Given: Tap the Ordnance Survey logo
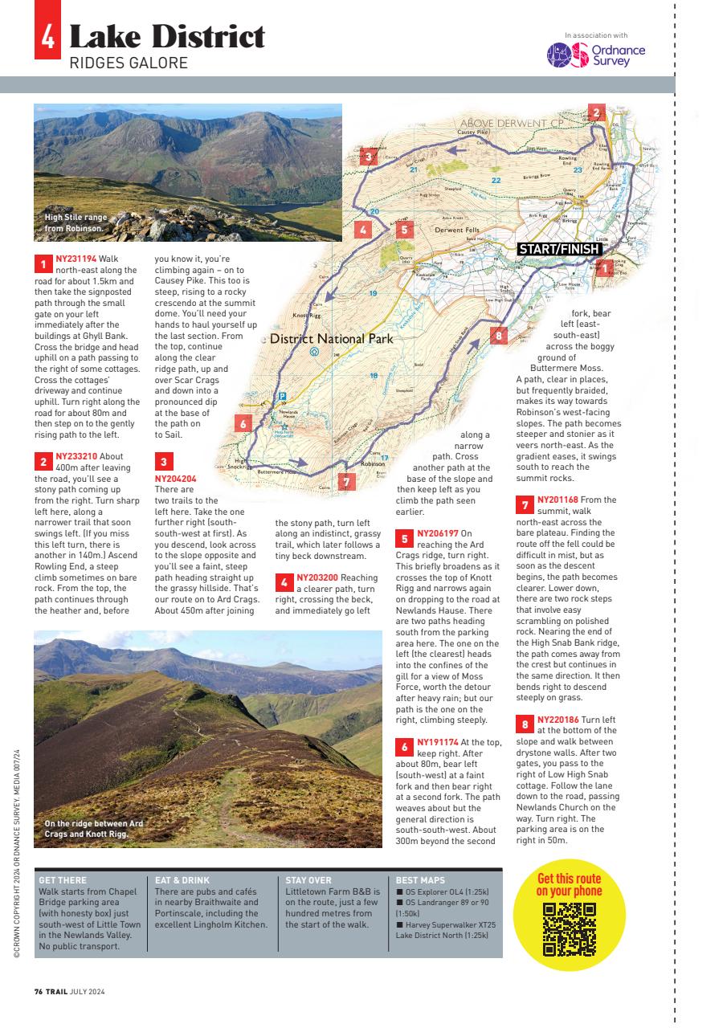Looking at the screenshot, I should (x=596, y=55).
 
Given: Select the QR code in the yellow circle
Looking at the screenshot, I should (x=570, y=929).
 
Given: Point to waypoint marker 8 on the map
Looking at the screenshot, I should (x=499, y=336).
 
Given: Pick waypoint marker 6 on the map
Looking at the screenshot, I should (x=241, y=423).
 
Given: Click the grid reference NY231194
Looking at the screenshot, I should (x=76, y=259).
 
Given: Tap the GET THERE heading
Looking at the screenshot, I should (x=63, y=881).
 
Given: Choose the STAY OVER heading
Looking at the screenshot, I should (x=308, y=881).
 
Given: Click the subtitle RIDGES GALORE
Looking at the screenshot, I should (x=129, y=63).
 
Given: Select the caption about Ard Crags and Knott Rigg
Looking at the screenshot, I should (x=94, y=829).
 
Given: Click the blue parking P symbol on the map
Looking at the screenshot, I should (x=282, y=395).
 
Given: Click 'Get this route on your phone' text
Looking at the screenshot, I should (x=569, y=884).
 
